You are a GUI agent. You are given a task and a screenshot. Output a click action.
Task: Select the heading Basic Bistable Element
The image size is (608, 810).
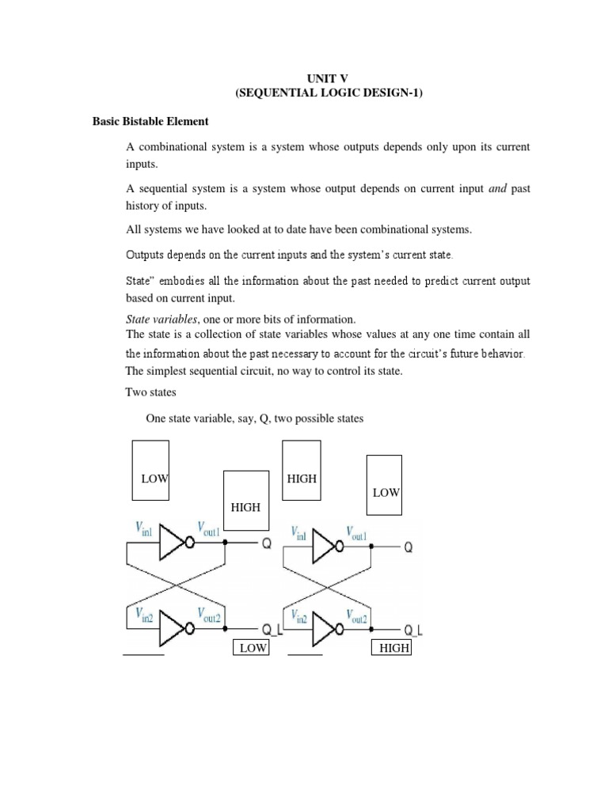150,121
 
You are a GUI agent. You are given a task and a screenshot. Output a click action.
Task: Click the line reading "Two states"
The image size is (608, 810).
150,392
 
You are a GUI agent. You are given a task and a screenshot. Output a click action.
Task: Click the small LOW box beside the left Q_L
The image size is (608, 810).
250,648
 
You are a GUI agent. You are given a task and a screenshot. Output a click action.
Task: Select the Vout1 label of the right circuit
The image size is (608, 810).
353,534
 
